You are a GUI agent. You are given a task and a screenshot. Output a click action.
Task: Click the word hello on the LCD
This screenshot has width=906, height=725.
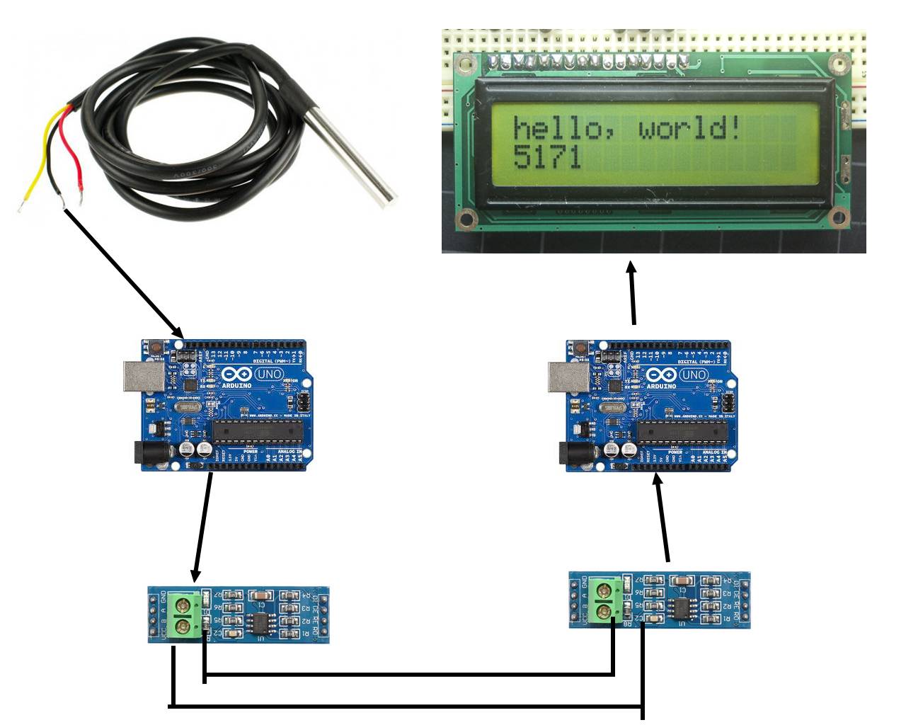[558, 129]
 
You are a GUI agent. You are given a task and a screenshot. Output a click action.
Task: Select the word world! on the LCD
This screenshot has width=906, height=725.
[690, 129]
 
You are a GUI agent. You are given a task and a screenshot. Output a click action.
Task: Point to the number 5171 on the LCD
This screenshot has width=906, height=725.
[546, 157]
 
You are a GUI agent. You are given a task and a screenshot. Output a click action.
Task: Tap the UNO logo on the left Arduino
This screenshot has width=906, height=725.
[268, 374]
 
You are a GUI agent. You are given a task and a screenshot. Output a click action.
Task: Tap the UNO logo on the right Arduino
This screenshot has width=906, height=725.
[693, 374]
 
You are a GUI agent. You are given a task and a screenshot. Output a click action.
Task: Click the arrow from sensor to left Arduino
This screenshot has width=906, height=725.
[124, 273]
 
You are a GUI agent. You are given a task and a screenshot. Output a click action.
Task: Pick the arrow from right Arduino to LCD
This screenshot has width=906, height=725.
[632, 294]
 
